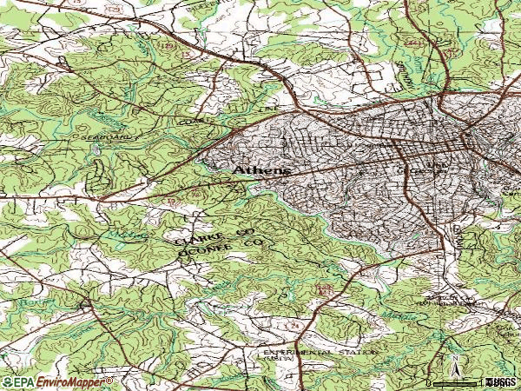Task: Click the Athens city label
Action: tap(260, 171)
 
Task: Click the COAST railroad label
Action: tap(189, 123)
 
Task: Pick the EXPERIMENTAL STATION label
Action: tap(320, 353)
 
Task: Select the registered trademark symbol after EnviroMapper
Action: tap(109, 380)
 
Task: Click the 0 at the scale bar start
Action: tap(429, 382)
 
